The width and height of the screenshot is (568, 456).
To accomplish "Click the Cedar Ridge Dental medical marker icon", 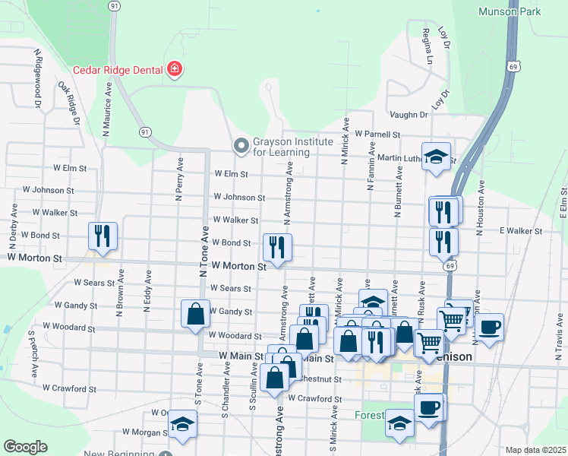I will pos(175,70).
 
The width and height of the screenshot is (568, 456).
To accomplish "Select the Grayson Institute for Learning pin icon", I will pos(241,144).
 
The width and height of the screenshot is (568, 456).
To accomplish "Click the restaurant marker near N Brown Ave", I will pos(100,236).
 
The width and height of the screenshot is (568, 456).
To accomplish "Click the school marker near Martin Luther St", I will pos(436,157).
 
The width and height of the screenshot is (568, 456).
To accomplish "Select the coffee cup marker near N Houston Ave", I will pos(490,327).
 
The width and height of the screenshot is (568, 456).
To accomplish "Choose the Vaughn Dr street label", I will pos(409,115).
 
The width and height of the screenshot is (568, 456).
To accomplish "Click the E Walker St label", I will pos(520,230).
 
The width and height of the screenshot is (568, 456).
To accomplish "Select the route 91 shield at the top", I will pos(114,5).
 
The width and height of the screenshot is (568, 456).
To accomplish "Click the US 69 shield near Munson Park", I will pos(514,68).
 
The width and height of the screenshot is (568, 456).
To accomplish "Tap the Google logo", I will pos(25,447).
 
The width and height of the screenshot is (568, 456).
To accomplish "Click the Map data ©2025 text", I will pos(535,451).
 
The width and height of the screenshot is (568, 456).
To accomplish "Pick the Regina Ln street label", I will pos(428,45).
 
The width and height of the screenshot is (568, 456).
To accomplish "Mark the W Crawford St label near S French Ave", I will pos(69,388).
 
